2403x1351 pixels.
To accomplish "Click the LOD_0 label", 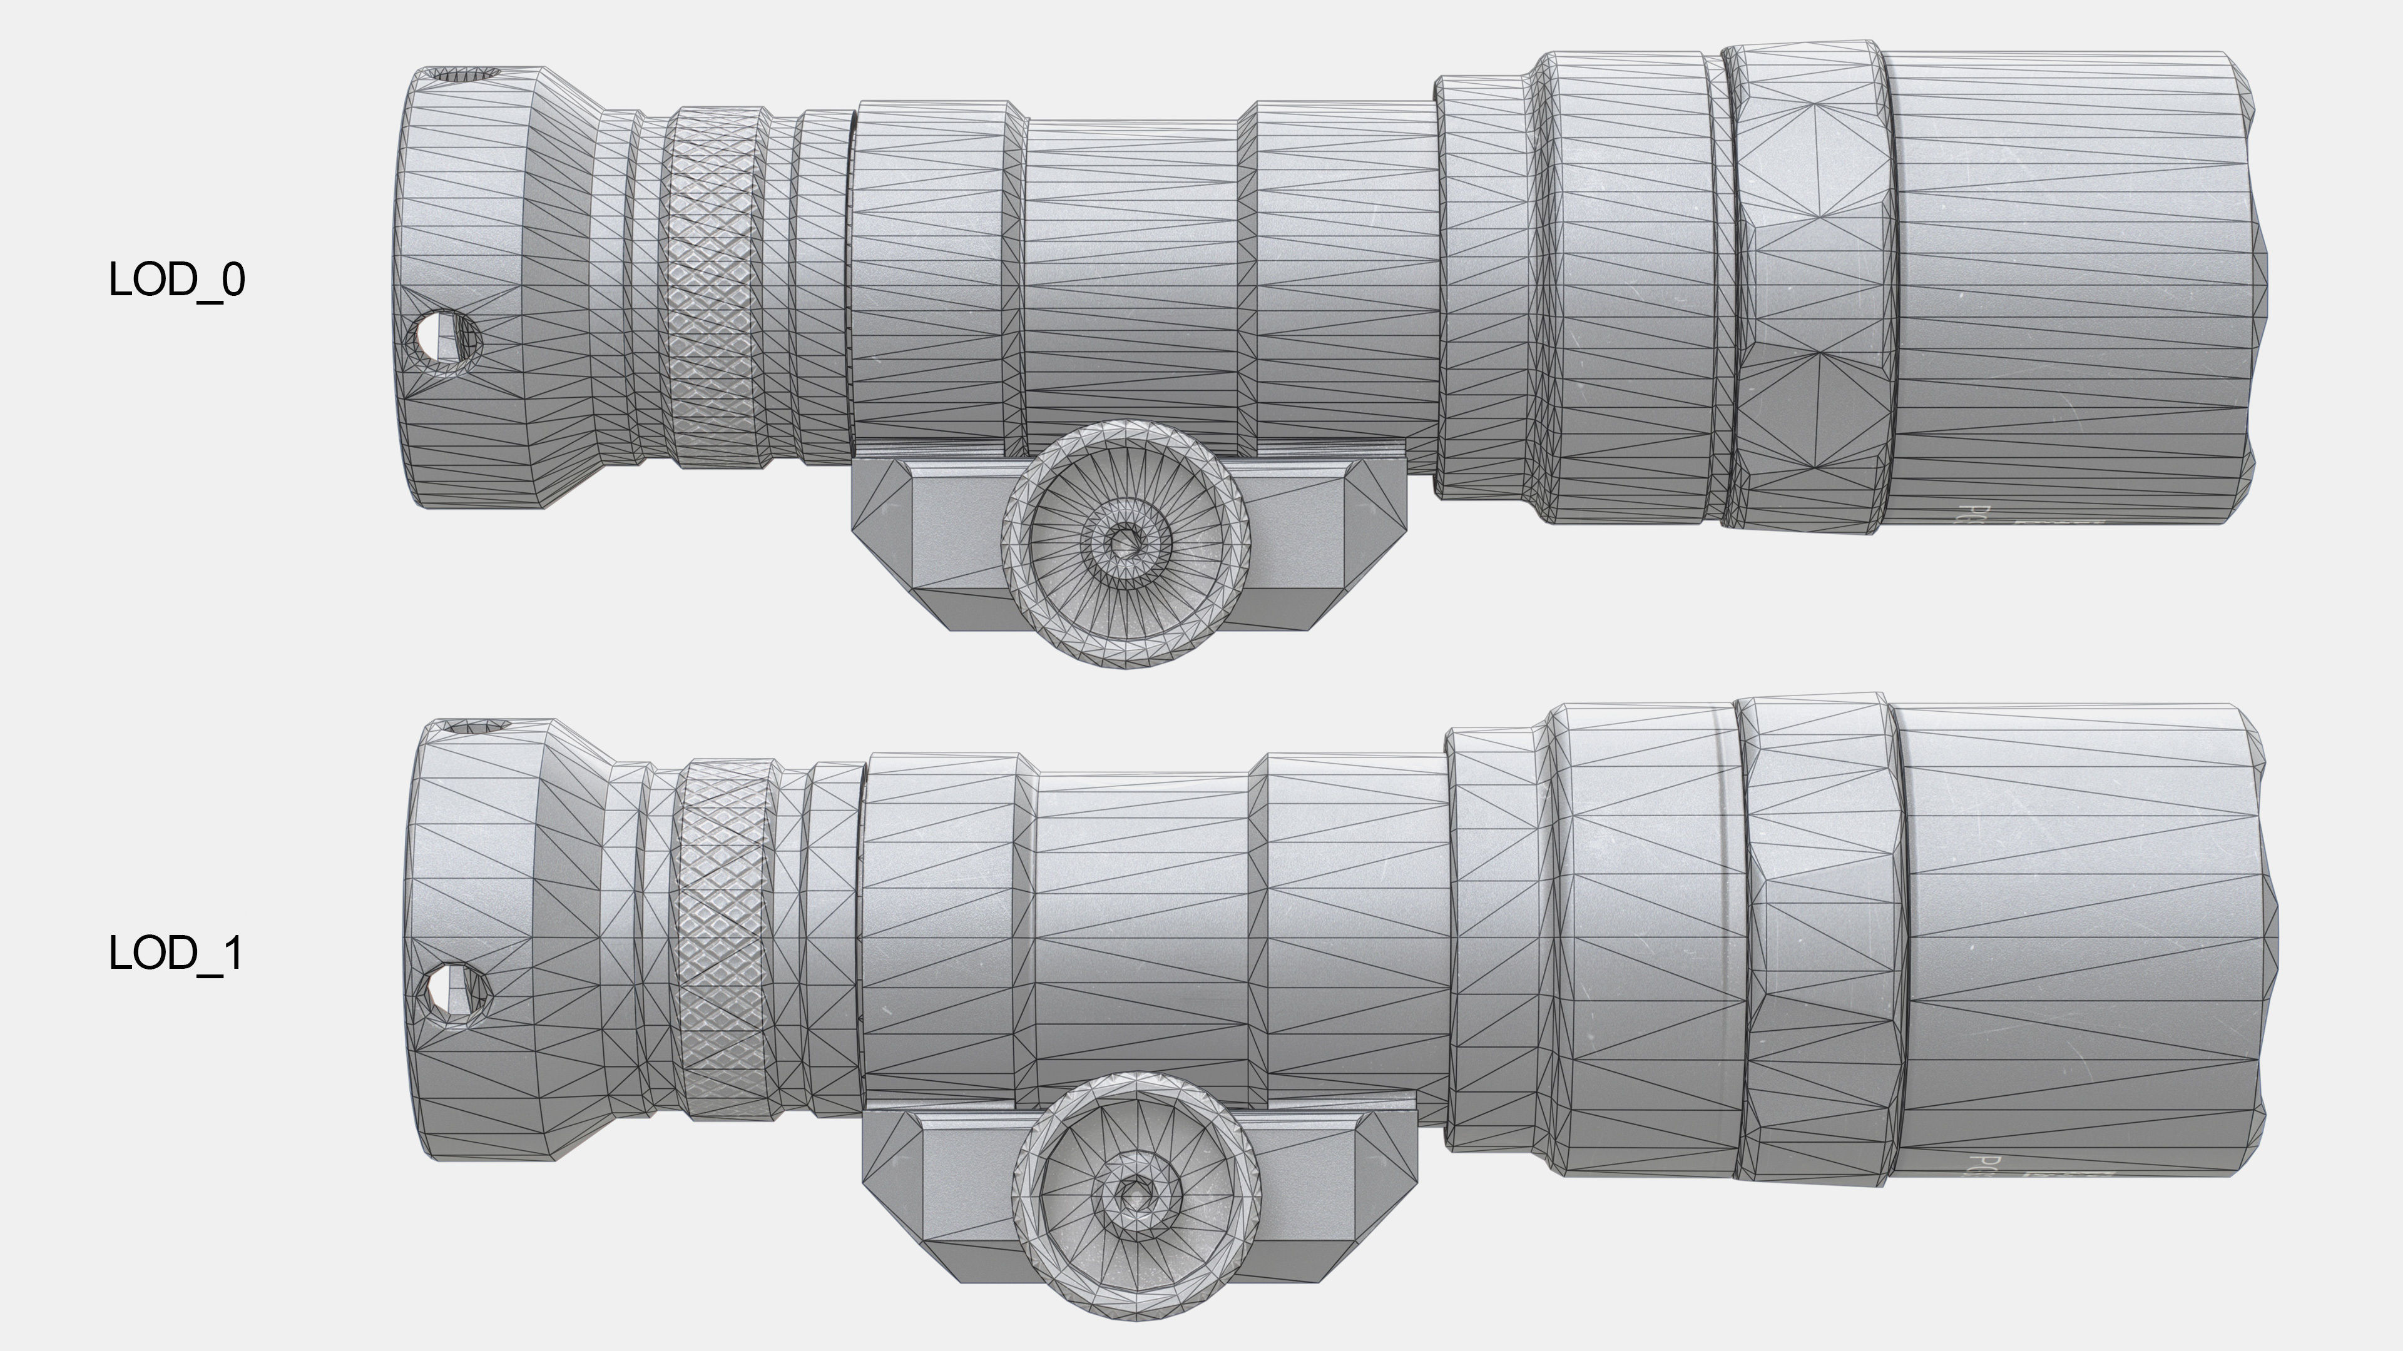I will [176, 280].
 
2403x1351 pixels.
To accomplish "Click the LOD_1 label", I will [176, 953].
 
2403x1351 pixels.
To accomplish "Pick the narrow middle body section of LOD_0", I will [1133, 280].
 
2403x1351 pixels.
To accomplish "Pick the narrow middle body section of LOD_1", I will [1143, 933].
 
